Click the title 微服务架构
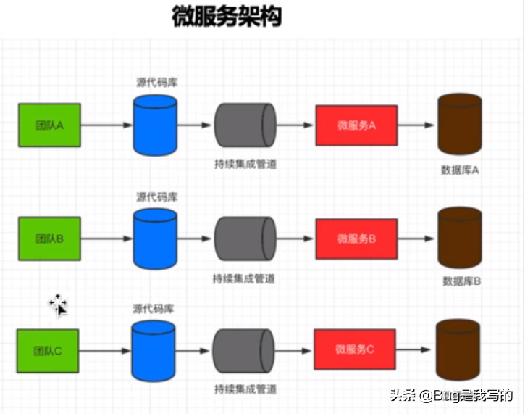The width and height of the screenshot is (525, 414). click(x=226, y=17)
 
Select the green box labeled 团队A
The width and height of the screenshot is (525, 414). click(x=50, y=125)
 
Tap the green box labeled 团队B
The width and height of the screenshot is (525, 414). click(x=50, y=238)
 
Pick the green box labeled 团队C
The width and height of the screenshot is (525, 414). click(x=49, y=351)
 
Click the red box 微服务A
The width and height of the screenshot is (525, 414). click(x=356, y=125)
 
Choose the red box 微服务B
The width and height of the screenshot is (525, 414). click(x=356, y=238)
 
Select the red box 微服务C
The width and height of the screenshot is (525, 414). click(x=354, y=349)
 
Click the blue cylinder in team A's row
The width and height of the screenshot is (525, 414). click(x=155, y=125)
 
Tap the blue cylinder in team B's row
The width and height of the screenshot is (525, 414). click(x=155, y=238)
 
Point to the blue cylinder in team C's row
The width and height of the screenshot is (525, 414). click(x=154, y=351)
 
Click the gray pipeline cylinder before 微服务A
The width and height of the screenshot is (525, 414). click(x=245, y=125)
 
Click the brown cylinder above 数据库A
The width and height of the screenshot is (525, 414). click(x=460, y=125)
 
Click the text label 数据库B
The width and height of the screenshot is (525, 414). click(x=462, y=281)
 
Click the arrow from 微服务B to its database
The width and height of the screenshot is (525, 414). click(x=416, y=238)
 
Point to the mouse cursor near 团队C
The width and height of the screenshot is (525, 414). click(x=59, y=305)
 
